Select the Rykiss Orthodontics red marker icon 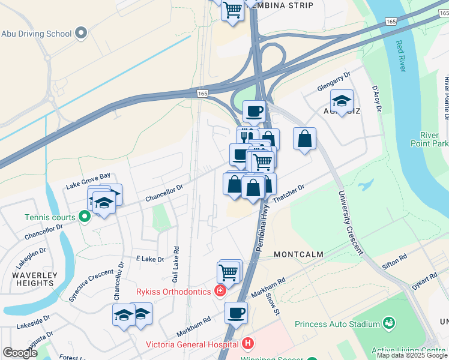click(x=220, y=292)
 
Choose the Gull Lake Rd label click(x=176, y=257)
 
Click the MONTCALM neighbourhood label click(x=298, y=254)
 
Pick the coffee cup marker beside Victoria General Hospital click(x=236, y=313)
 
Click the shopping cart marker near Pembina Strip click(x=232, y=10)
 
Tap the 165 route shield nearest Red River click(x=391, y=21)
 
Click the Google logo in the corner click(x=20, y=353)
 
